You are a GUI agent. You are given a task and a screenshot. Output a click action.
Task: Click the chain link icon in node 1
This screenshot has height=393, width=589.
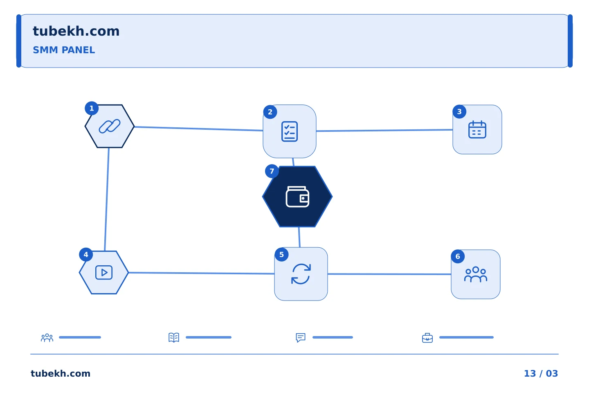(110, 126)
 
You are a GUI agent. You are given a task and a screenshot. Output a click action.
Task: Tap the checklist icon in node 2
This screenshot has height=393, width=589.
(290, 131)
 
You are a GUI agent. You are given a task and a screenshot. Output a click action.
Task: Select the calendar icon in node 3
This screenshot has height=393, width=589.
(477, 129)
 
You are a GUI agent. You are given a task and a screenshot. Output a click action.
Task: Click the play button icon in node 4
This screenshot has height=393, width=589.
(104, 273)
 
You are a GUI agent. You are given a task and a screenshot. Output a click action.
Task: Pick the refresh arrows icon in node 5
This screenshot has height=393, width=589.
(301, 274)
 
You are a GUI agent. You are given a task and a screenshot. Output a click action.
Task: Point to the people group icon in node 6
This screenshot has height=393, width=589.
(476, 274)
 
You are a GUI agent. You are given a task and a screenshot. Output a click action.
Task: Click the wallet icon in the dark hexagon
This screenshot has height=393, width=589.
(297, 196)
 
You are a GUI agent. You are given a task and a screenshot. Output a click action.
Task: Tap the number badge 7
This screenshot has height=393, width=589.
(272, 171)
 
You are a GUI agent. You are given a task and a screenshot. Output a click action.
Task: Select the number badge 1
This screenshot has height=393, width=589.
(92, 108)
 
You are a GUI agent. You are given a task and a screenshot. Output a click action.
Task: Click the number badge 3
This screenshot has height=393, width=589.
(459, 112)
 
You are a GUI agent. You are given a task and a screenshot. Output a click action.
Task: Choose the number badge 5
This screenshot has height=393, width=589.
(281, 255)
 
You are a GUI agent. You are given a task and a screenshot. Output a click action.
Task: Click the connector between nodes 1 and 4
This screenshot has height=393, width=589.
(107, 199)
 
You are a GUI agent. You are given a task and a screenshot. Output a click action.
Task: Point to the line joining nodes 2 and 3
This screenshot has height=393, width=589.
(384, 130)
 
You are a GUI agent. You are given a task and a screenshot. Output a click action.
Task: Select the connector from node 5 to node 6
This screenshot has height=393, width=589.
(389, 274)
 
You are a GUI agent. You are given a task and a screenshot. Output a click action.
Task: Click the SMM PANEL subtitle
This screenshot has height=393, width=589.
(64, 50)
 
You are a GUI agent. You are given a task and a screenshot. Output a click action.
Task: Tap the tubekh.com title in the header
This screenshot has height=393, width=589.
(76, 31)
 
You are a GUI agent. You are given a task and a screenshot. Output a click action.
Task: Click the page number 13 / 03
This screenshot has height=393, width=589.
(541, 373)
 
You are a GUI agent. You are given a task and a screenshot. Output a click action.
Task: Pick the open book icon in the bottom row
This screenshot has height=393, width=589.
(174, 337)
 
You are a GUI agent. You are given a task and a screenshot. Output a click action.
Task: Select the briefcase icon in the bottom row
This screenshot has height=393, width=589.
(427, 338)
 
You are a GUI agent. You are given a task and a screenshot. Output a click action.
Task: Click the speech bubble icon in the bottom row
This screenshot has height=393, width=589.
(301, 337)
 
